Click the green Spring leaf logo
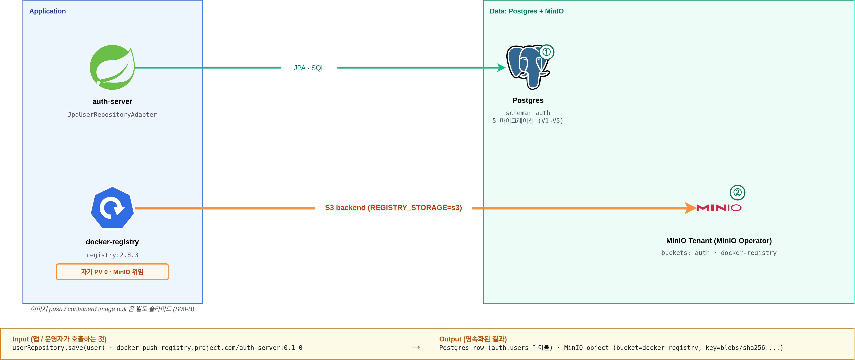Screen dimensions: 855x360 [x=112, y=67]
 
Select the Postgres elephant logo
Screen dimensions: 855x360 [x=528, y=67]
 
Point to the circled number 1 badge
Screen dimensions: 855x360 [x=546, y=52]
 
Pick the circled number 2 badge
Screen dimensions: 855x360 [x=738, y=192]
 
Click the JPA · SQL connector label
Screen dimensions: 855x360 [x=309, y=68]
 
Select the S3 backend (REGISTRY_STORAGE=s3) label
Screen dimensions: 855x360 [x=393, y=208]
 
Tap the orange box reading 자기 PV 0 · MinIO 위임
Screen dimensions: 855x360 [x=112, y=272]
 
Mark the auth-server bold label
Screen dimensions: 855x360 [x=112, y=101]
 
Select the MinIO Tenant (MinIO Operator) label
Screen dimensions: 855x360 [x=719, y=241]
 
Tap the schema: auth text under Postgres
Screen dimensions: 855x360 [x=528, y=113]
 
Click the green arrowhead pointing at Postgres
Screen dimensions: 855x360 [x=501, y=68]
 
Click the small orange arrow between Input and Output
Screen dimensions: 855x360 [x=416, y=347]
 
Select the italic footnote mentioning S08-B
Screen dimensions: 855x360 [x=113, y=309]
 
